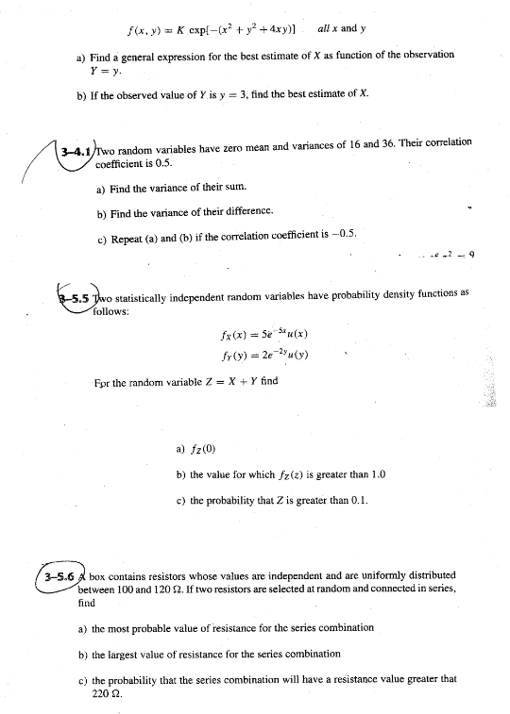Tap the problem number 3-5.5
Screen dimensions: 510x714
(75, 295)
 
